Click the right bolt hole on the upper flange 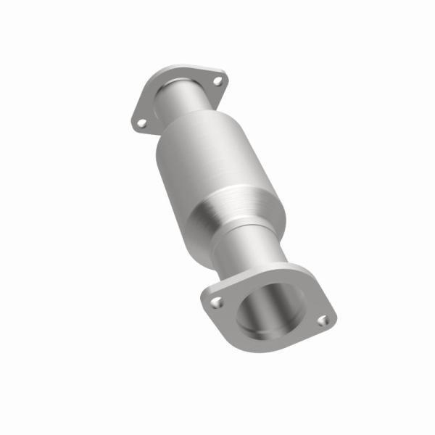216,81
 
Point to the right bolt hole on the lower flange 324,319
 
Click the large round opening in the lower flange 270,310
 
